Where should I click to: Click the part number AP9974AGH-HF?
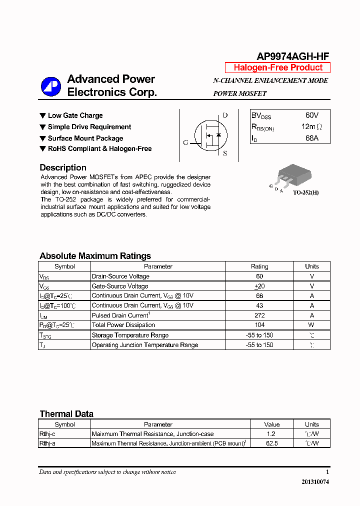[292, 56]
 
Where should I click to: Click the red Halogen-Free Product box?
[277, 67]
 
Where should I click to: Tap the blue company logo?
[50, 86]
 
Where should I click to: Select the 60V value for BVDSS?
[311, 115]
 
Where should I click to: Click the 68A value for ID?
[311, 138]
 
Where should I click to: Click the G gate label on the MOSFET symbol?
[185, 142]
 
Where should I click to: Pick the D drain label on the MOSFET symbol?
[225, 115]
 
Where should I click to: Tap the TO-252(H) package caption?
[305, 192]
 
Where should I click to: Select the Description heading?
[63, 167]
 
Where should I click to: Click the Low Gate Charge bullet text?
[75, 115]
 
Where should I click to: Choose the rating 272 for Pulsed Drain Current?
[259, 315]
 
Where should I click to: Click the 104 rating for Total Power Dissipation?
[259, 325]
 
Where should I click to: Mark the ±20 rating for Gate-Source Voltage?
[259, 286]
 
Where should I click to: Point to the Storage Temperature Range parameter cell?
[130, 335]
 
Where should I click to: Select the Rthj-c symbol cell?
[47, 434]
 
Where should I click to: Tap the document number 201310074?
[315, 482]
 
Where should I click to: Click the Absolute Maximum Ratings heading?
[95, 256]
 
